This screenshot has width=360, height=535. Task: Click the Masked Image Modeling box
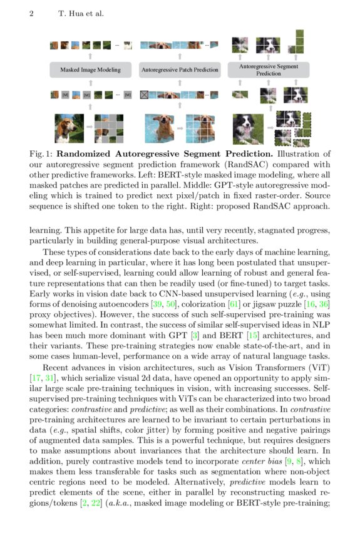(x=91, y=70)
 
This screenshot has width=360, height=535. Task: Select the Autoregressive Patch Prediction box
(x=180, y=70)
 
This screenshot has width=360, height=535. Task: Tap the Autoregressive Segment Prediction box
(x=269, y=70)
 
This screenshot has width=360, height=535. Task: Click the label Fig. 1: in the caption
(x=43, y=153)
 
